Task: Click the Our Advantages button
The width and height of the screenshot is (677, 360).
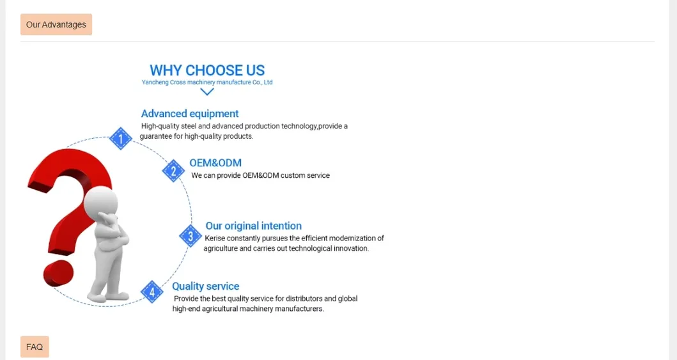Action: [56, 24]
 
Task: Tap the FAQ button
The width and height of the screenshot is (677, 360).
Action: [35, 347]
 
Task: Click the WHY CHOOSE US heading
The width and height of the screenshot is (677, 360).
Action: [207, 70]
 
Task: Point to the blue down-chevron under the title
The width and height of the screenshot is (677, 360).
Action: [207, 91]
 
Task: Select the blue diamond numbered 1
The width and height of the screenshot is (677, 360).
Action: [120, 139]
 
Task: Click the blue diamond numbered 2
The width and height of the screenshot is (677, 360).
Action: [174, 171]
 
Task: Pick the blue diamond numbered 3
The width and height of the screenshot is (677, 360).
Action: [191, 236]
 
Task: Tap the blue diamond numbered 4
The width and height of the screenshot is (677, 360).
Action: [152, 292]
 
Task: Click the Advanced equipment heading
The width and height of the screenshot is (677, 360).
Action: [189, 114]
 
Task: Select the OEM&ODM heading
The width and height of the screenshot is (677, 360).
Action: [215, 162]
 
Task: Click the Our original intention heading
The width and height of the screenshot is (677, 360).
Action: [253, 226]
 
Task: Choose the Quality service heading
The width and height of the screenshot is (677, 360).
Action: [205, 286]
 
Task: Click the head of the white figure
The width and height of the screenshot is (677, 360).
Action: [100, 201]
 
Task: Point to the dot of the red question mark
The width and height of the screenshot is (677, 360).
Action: [58, 273]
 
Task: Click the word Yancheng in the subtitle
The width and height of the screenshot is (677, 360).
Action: [155, 82]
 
